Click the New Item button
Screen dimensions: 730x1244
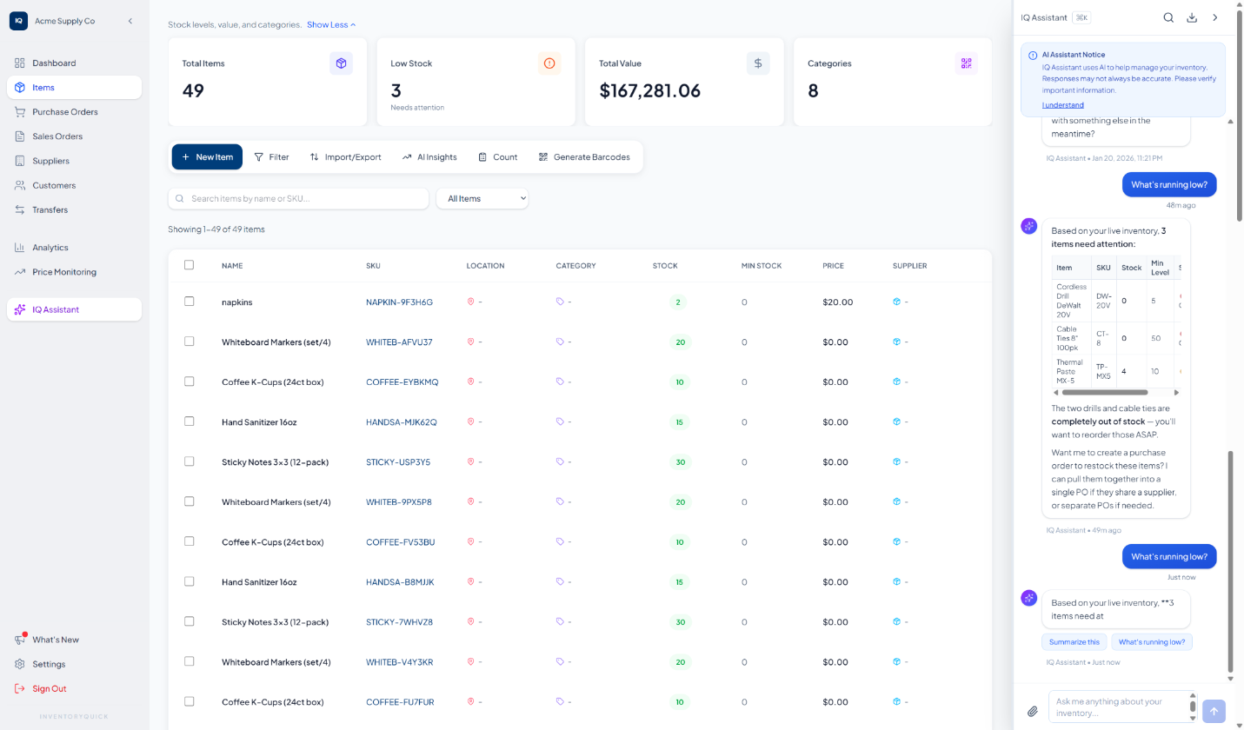[x=207, y=157]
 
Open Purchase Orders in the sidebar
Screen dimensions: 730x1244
[x=65, y=112]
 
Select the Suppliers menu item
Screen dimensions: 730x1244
[x=50, y=161]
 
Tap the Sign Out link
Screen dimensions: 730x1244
[x=49, y=688]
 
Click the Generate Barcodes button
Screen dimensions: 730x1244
[x=584, y=157]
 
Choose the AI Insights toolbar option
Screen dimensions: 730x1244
[x=429, y=157]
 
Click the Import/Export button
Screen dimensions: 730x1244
[x=345, y=157]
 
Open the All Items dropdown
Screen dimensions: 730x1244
[x=482, y=199]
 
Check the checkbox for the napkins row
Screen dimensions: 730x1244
[x=190, y=302]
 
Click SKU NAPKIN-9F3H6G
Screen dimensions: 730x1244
[x=399, y=302]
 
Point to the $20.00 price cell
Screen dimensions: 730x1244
[x=837, y=302]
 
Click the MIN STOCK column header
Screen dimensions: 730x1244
[x=761, y=266]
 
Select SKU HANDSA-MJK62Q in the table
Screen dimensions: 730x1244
[x=401, y=422]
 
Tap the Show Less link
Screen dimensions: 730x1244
[x=331, y=25]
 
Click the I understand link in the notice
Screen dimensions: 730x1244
[x=1062, y=105]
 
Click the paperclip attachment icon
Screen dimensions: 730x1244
[x=1033, y=711]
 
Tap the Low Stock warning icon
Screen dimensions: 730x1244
[x=549, y=63]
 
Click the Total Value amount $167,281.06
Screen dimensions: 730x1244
[x=649, y=90]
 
